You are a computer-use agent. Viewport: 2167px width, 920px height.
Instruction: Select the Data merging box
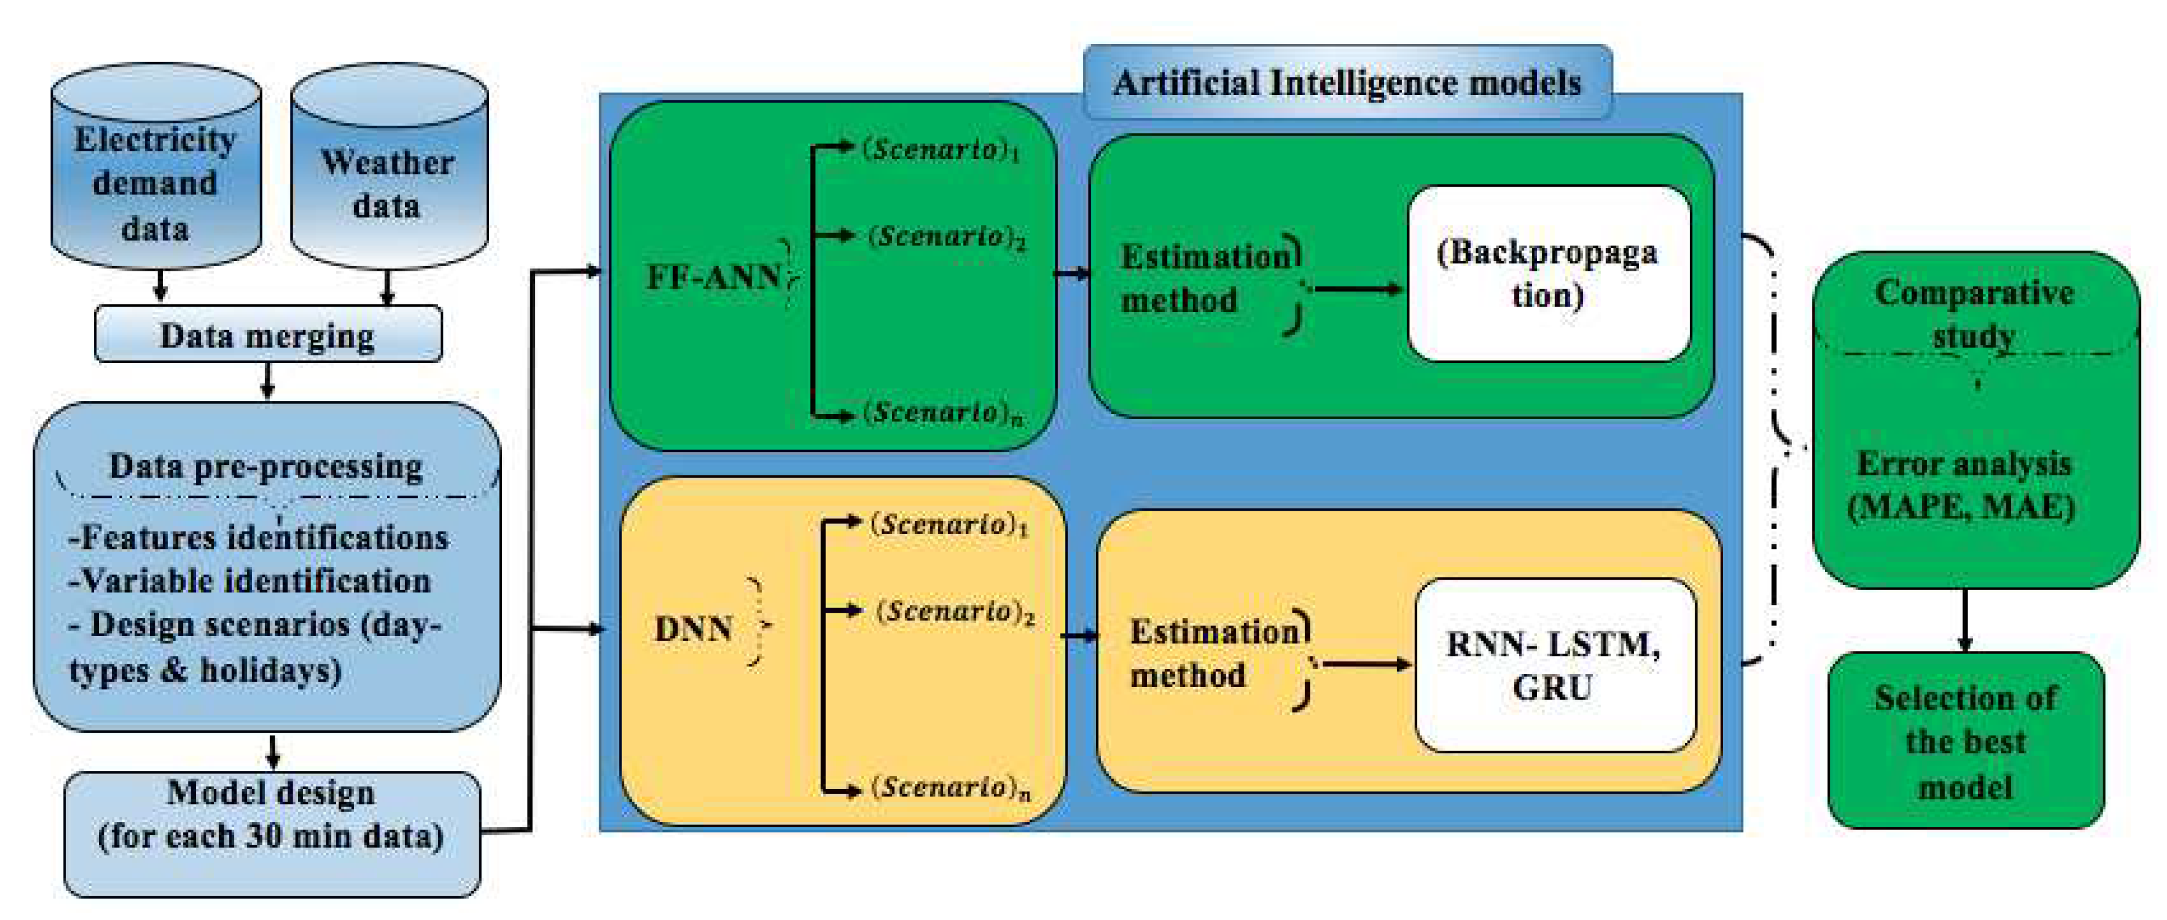[x=268, y=335]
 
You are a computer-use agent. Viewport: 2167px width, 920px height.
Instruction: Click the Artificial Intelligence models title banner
[x=1347, y=82]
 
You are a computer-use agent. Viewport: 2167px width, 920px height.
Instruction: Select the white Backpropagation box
[x=1548, y=274]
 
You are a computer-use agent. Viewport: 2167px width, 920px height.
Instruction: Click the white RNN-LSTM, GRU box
[x=1554, y=665]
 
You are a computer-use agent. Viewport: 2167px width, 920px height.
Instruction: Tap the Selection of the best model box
[x=1965, y=741]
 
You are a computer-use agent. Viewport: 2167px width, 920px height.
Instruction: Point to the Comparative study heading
[x=1973, y=313]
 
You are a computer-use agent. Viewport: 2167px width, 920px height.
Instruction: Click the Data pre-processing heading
[x=266, y=466]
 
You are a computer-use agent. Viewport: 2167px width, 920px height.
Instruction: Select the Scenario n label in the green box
[x=942, y=412]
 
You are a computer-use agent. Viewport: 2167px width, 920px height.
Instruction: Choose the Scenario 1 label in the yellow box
[x=949, y=525]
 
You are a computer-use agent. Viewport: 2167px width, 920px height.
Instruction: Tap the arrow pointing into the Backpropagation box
[x=1358, y=289]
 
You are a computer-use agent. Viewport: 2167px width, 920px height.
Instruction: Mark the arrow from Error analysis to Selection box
[x=1965, y=620]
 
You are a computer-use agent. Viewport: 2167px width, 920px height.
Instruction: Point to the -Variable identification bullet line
[x=251, y=581]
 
